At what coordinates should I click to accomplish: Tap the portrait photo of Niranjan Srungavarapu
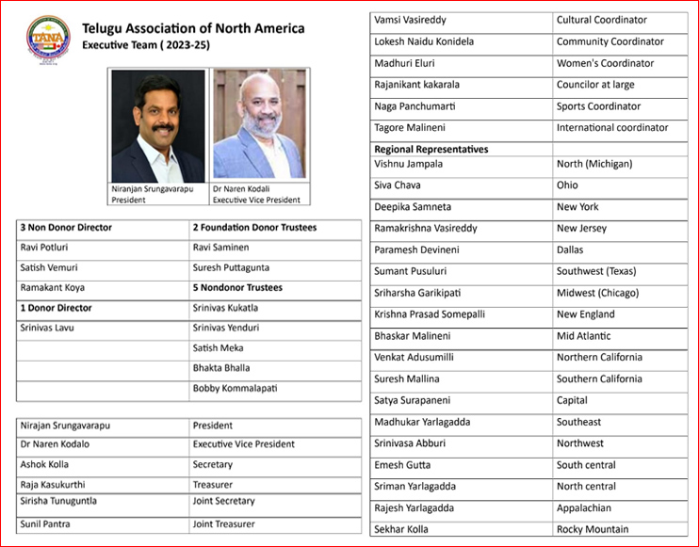coord(157,124)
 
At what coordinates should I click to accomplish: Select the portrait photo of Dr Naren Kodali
coord(258,124)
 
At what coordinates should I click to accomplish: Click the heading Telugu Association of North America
coord(193,28)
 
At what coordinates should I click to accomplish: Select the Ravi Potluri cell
coord(45,248)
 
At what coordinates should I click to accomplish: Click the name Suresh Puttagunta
coord(231,267)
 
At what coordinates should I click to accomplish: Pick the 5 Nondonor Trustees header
coord(236,288)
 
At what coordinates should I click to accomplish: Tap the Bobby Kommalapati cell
coord(235,388)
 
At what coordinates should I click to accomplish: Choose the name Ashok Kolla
coord(44,464)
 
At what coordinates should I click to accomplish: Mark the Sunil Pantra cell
coord(45,524)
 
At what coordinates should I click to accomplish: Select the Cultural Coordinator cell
coord(601,20)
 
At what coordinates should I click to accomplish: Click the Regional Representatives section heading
coord(431,149)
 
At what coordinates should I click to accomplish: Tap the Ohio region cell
coord(567,185)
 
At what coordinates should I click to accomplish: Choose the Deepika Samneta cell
coord(412,207)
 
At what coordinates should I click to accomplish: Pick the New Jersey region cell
coord(581,229)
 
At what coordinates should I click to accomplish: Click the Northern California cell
coord(599,358)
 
